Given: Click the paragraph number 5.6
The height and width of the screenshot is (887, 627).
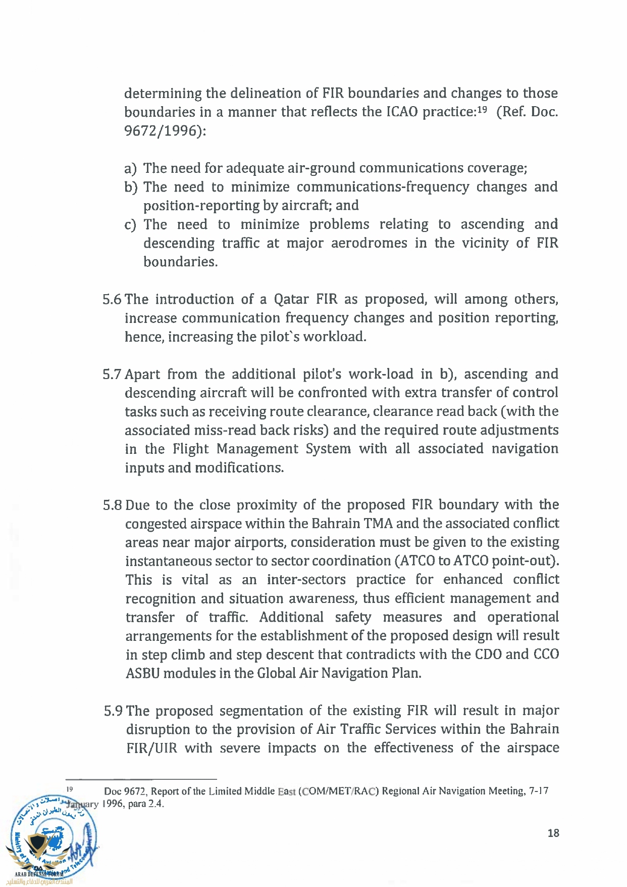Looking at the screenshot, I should (112, 300).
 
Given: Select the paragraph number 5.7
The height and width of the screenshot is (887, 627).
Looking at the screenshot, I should (112, 375).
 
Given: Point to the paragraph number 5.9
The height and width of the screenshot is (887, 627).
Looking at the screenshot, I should (113, 711).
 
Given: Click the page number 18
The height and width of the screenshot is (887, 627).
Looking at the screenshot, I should (553, 833).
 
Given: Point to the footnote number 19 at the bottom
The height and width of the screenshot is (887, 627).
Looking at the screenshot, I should (70, 788).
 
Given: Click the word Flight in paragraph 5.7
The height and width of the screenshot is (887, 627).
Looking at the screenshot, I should (190, 449).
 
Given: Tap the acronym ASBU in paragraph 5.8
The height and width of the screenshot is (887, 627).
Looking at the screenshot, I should (143, 674).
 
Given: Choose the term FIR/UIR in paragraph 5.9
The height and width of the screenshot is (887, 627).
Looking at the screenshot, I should (151, 749).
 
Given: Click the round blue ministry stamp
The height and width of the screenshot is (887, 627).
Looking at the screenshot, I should (53, 839).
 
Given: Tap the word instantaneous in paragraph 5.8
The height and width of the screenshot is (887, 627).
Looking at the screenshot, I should (169, 561).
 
